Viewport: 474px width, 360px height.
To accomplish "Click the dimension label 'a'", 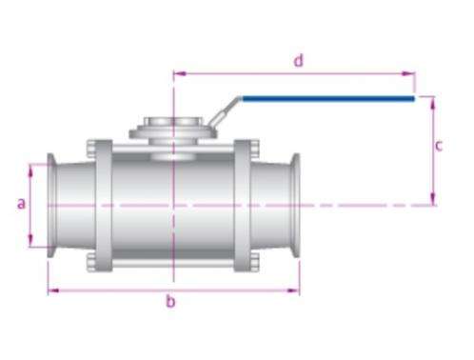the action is tap(21, 203).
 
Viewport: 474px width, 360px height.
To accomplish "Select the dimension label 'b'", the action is tap(170, 301).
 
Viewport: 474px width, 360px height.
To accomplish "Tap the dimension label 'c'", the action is tap(439, 146).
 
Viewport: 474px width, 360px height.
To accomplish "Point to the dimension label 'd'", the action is tap(299, 60).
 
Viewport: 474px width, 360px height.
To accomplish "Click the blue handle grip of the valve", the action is tap(327, 99).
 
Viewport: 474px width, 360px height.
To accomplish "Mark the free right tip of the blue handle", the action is tap(414, 99).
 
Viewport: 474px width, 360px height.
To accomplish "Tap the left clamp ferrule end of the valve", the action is tap(51, 206).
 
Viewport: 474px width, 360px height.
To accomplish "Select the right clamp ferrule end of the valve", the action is tap(296, 206).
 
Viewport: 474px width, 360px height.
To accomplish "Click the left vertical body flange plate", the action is tap(104, 206).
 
